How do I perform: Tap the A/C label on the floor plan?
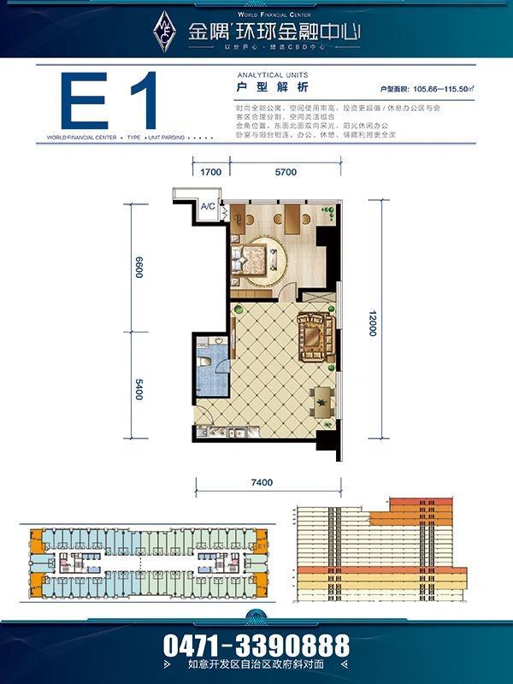tap(209, 206)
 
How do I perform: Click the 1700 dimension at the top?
tap(211, 172)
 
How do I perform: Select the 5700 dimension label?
tap(286, 172)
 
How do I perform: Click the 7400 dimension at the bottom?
tap(263, 483)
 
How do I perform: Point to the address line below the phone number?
tap(256, 664)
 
